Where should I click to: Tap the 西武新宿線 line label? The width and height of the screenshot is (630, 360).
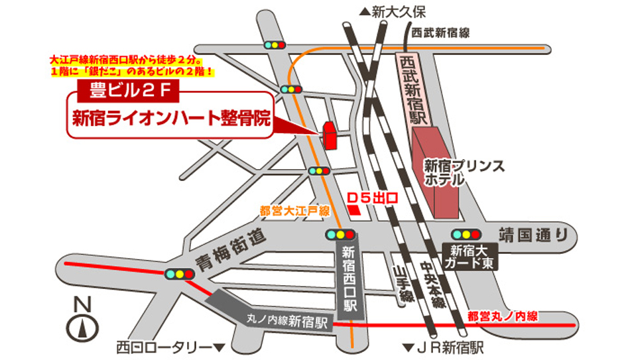pos(440,32)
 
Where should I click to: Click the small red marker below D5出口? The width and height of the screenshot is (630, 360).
pos(355,210)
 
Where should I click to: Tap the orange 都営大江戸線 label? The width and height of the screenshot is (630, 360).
pos(294,211)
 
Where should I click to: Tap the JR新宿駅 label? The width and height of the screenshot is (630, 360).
pos(444,347)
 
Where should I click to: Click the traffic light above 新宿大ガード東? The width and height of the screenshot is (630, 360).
pos(466,234)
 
